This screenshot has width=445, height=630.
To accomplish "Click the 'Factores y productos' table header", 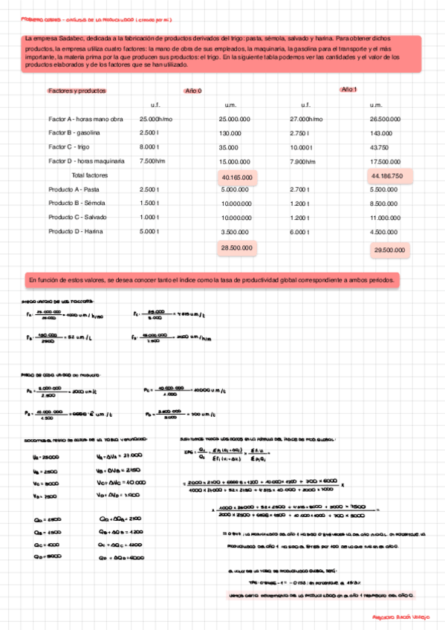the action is (x=77, y=91).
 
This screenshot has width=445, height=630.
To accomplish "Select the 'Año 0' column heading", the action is (x=192, y=91).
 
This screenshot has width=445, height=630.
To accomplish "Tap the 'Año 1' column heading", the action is (x=348, y=89).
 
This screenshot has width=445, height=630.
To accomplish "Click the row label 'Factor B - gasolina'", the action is (x=74, y=132).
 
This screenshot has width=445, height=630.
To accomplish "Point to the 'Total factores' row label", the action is (x=90, y=175).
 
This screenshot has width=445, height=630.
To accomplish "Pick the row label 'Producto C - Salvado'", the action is (x=77, y=217).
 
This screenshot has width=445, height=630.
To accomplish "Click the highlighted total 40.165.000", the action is (x=237, y=178).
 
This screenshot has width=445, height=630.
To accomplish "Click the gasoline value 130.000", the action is (x=232, y=132).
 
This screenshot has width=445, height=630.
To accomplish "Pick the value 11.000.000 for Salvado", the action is (x=386, y=218).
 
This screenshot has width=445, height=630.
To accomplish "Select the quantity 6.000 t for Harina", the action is (x=300, y=232).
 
